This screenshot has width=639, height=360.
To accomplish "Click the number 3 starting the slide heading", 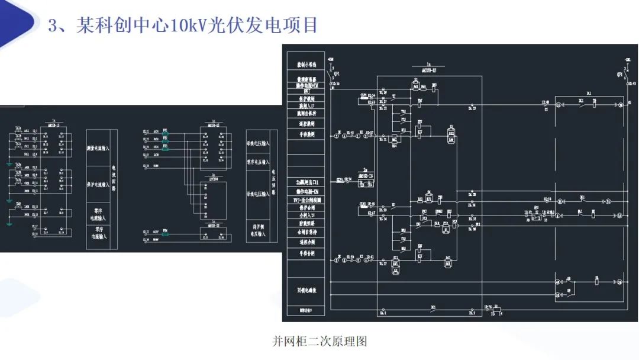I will pos(53,25).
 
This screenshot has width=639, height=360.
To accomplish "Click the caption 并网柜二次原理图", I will pos(319,342).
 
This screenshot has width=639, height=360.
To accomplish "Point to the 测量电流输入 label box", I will pos(101,147).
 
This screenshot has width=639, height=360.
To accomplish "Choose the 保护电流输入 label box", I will pos(101,185).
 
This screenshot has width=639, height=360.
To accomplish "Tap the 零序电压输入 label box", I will pos(258,162).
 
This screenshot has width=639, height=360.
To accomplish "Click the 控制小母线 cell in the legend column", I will pos(306,63).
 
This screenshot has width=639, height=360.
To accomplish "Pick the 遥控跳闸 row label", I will pos(306,124).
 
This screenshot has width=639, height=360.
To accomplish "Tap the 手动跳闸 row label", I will pos(306,134).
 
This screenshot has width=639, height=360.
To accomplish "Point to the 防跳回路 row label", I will pos(306,225).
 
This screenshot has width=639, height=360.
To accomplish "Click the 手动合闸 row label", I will pos(306,253).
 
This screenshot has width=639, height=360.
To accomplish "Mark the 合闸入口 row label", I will pos(306,217).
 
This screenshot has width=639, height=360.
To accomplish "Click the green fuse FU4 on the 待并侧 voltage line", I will pos(166,234).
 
